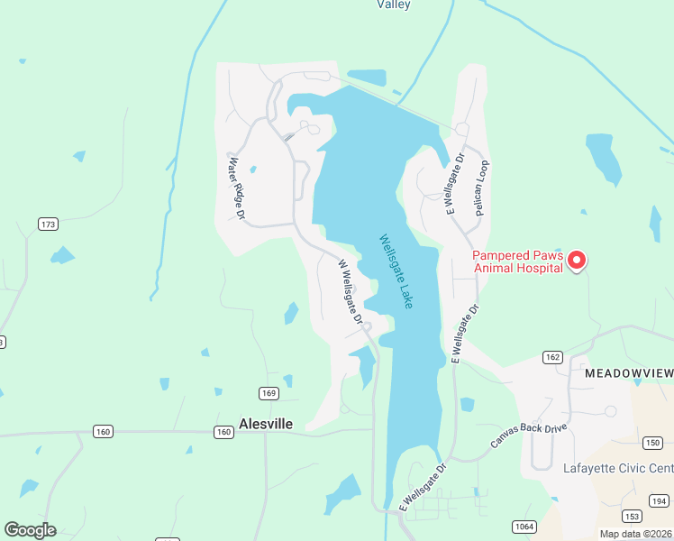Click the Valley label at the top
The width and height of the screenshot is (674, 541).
tap(393, 5)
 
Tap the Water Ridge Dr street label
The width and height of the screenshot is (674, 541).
tap(237, 188)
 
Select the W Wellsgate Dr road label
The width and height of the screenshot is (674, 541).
tap(350, 292)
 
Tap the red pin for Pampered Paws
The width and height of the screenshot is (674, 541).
tap(577, 261)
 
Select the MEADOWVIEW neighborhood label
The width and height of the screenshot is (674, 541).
tap(628, 372)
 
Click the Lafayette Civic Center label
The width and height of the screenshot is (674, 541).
tap(617, 468)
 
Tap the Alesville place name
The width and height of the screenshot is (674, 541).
tap(266, 424)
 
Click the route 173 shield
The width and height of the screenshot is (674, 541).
tap(48, 224)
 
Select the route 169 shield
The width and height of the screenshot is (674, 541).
tap(269, 392)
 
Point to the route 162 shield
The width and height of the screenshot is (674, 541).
tap(552, 358)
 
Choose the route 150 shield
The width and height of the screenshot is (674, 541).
tap(653, 442)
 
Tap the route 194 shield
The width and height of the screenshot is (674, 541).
tap(660, 500)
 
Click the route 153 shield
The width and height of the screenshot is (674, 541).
tap(632, 515)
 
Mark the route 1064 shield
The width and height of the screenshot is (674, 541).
tap(524, 527)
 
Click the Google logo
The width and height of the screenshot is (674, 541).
tap(30, 530)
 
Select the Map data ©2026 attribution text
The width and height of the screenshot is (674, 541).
tap(635, 534)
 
